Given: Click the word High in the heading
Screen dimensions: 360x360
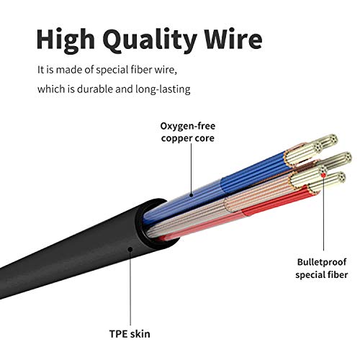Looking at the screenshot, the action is [x=66, y=40].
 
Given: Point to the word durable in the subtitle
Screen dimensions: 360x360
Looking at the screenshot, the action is [x=95, y=89].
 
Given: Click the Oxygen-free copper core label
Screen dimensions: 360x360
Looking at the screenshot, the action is [x=188, y=132].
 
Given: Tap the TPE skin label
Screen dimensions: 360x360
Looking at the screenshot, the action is [x=130, y=334].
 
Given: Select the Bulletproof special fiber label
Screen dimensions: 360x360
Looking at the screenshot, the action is [x=322, y=269].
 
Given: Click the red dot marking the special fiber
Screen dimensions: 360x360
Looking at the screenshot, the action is [x=323, y=175].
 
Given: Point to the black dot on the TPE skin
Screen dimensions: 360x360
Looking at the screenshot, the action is [x=130, y=249].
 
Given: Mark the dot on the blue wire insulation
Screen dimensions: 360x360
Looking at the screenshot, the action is [x=192, y=195].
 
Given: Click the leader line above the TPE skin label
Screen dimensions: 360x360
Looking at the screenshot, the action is [x=130, y=289].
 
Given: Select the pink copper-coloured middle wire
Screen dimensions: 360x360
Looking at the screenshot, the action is [x=216, y=207].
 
